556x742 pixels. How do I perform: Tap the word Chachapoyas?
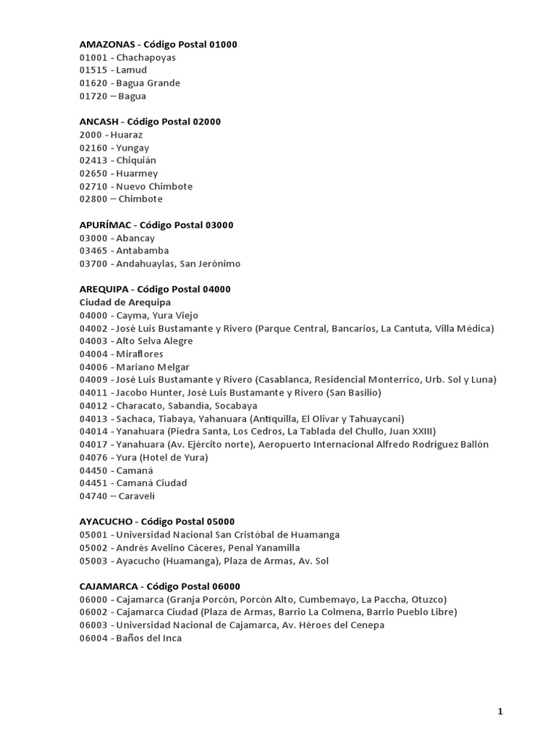[146, 57]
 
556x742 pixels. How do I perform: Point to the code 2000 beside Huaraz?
[90, 135]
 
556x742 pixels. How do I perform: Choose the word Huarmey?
[137, 173]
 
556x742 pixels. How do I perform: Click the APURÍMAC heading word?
[105, 225]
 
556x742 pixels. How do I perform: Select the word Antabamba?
[143, 251]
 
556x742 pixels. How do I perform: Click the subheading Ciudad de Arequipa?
[125, 302]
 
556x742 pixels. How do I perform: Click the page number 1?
[500, 712]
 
